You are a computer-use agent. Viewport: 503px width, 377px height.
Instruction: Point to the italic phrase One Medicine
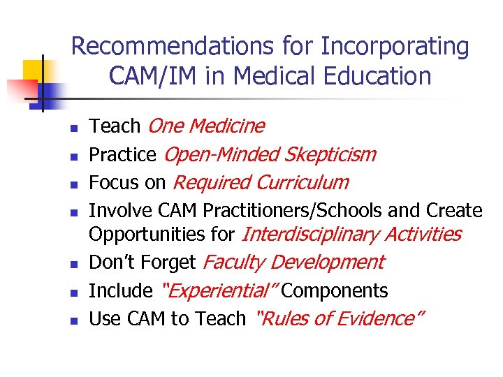[x=207, y=126]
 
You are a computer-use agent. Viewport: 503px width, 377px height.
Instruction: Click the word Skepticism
[x=330, y=154]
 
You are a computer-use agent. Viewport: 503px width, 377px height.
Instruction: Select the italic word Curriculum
[x=302, y=183]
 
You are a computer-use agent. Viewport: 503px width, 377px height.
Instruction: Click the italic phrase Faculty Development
[x=293, y=263]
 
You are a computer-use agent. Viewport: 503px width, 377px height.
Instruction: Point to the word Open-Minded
[x=221, y=154]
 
